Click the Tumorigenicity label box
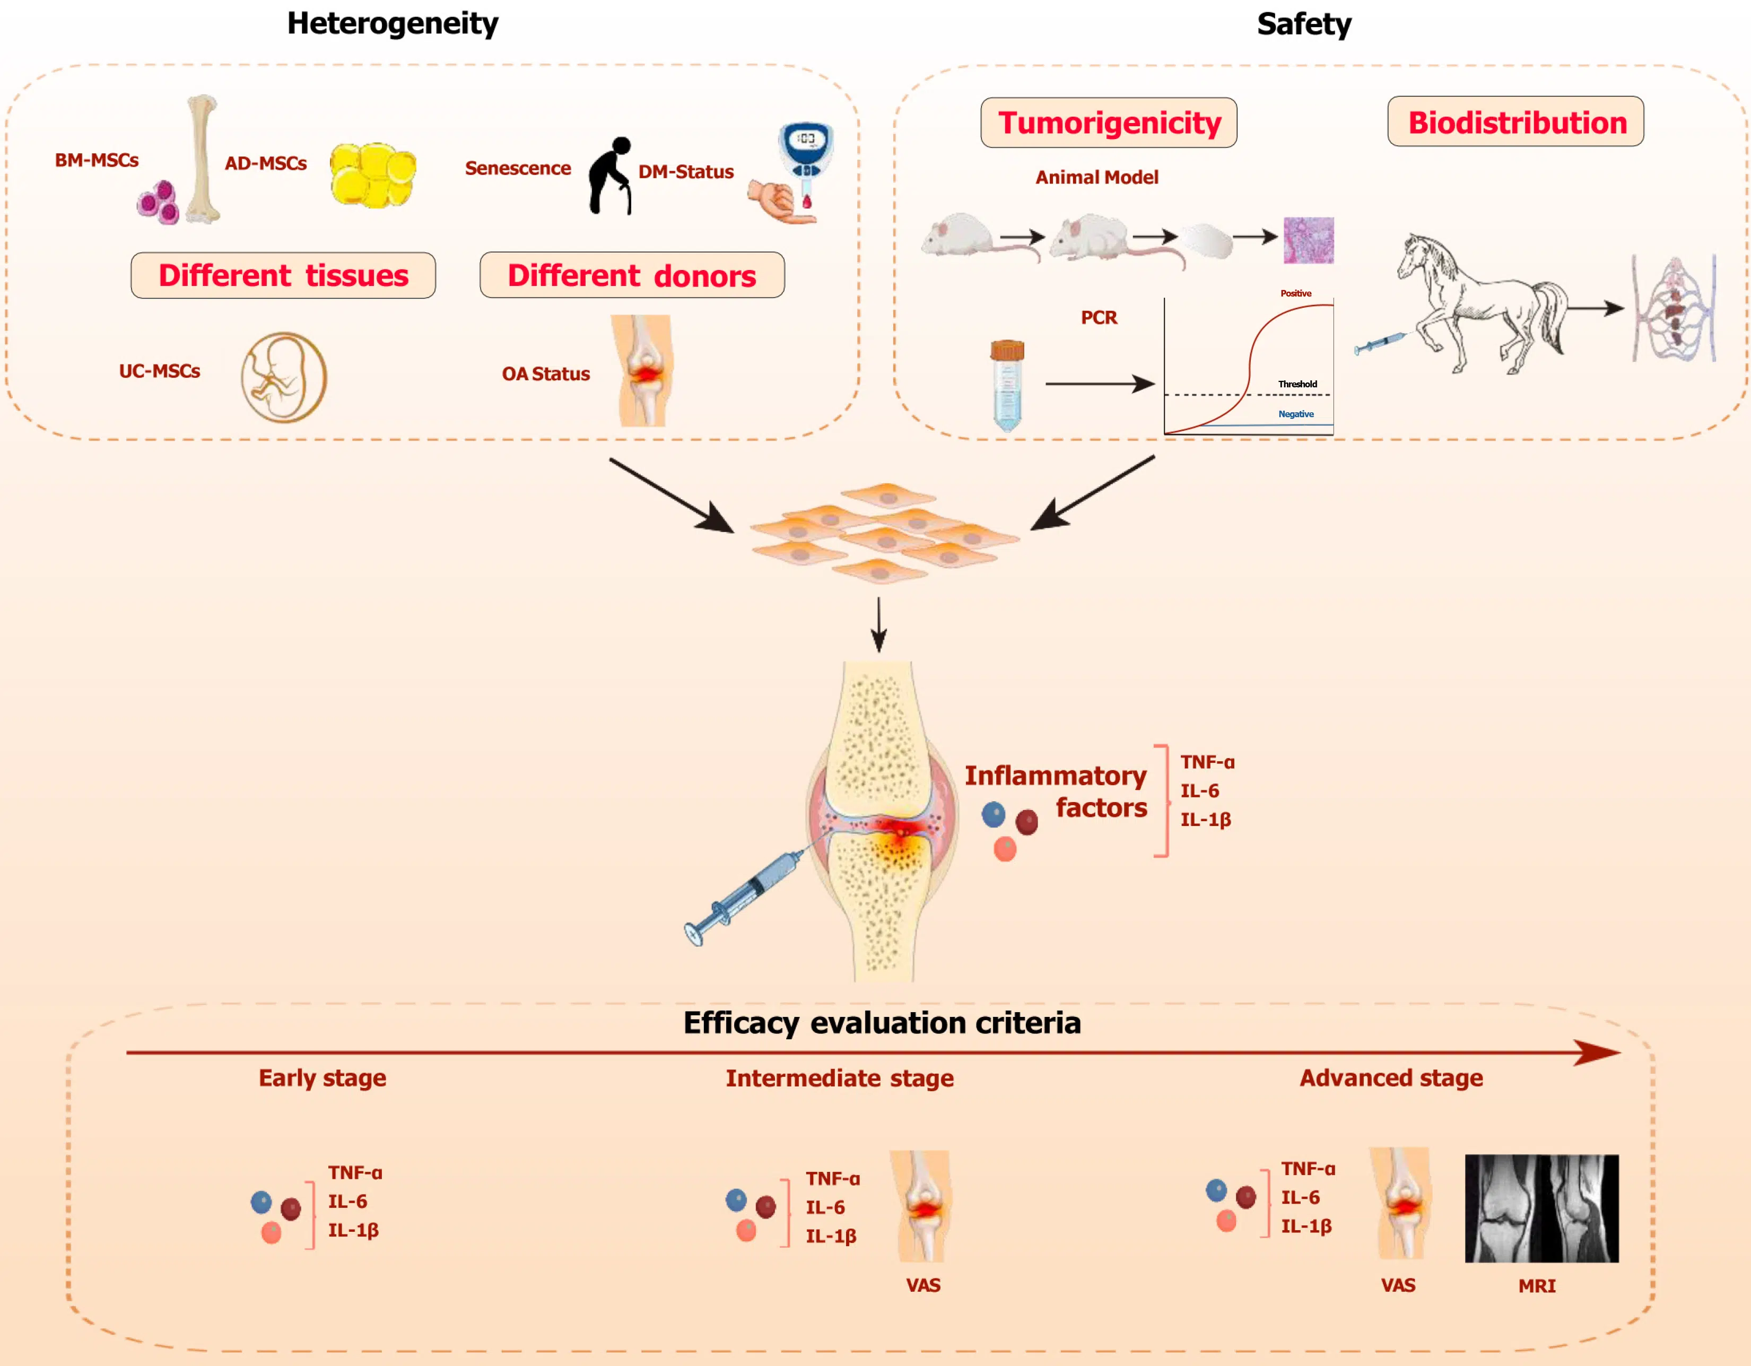coord(1109,123)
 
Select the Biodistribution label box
coord(1516,122)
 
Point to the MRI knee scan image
coord(1541,1208)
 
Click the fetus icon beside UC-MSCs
coord(284,377)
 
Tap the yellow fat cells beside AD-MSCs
coord(373,175)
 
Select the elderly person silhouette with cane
coord(610,176)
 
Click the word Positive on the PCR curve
coord(1295,293)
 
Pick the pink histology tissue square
coord(1309,240)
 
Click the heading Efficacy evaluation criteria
coord(882,1023)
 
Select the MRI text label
coord(1536,1286)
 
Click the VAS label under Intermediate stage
coord(923,1285)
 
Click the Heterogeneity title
coord(393,23)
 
